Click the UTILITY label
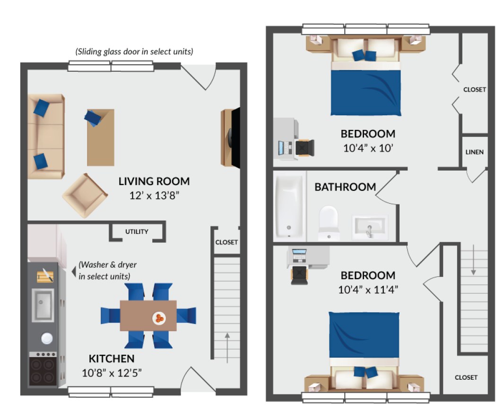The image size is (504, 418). click(x=137, y=231)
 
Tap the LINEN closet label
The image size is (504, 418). click(x=474, y=152)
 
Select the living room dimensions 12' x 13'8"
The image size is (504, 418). click(x=154, y=196)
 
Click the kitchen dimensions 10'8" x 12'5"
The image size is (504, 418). click(x=112, y=373)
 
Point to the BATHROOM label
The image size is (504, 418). click(x=345, y=187)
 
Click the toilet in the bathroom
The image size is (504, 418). click(x=329, y=223)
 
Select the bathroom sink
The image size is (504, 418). click(x=370, y=227)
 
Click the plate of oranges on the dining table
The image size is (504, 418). click(x=159, y=318)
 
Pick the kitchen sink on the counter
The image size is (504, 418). click(x=43, y=305)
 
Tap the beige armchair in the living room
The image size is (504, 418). click(x=85, y=196)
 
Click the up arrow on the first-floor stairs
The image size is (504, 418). click(x=227, y=348)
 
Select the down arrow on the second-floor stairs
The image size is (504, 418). click(x=473, y=260)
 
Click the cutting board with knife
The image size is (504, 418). click(x=45, y=276)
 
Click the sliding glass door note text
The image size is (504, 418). click(x=134, y=51)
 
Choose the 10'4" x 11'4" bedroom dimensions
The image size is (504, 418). click(x=368, y=290)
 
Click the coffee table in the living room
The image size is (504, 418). click(x=101, y=137)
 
